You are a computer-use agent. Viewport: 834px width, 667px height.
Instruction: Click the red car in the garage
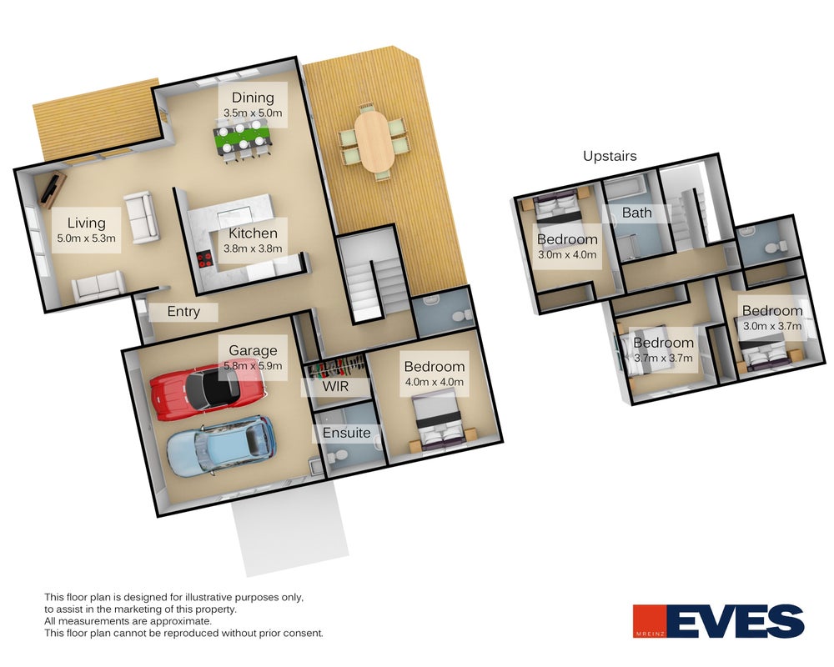tap(207, 390)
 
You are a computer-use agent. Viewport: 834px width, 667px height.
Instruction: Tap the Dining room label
tap(253, 98)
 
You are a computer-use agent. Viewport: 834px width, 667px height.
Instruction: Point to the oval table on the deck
tap(374, 140)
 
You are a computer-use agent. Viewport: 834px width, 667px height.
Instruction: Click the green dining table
tap(243, 139)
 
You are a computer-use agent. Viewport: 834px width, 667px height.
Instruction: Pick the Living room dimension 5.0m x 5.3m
tap(86, 238)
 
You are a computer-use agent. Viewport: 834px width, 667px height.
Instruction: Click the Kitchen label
tap(253, 233)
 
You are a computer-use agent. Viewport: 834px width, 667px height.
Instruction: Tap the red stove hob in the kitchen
tap(204, 259)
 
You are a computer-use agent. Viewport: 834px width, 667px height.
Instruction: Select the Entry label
tap(183, 311)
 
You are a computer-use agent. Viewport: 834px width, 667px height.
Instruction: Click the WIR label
tap(335, 386)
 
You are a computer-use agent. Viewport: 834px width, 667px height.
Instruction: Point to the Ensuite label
tap(346, 433)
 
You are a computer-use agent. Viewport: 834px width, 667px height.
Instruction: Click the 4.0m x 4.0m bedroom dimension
tap(434, 382)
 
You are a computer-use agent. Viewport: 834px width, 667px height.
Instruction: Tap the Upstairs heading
tap(610, 156)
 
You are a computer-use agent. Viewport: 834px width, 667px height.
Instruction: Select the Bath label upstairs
tap(636, 213)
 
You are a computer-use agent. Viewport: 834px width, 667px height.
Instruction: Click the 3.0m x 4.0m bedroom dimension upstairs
tap(567, 254)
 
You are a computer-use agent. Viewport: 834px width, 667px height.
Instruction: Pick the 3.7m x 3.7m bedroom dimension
tap(663, 358)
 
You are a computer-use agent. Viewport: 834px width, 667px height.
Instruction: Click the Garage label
tap(253, 350)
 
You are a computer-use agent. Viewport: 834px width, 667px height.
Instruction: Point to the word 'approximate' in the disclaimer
tap(181, 620)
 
